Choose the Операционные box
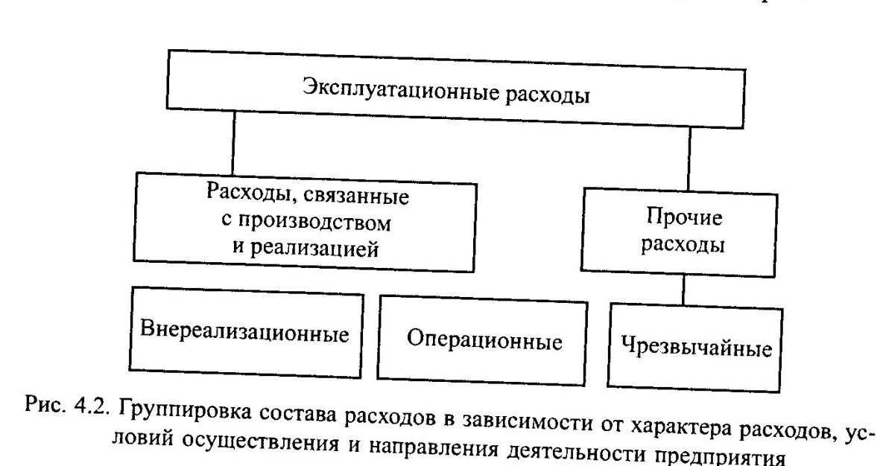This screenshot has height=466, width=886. [484, 341]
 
